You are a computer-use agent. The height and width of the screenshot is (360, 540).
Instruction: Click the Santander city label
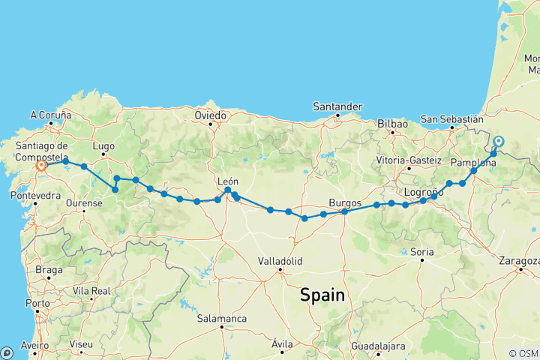point(338,107)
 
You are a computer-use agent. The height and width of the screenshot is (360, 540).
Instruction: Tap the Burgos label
point(346,202)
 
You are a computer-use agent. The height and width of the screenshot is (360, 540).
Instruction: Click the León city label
point(227,181)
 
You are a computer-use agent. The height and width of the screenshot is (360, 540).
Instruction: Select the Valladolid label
point(280,261)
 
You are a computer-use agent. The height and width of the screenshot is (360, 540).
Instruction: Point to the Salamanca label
point(222,319)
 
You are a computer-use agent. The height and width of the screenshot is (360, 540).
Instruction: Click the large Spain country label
point(322,295)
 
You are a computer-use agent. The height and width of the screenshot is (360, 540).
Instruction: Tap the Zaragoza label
point(519,261)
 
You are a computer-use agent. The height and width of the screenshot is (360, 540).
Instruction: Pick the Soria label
point(421,252)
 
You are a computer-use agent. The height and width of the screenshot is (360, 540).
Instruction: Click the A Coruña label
point(50,115)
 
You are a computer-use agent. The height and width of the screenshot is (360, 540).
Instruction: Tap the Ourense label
point(84,203)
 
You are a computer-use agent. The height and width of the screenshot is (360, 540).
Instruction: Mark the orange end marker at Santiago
point(40,166)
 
